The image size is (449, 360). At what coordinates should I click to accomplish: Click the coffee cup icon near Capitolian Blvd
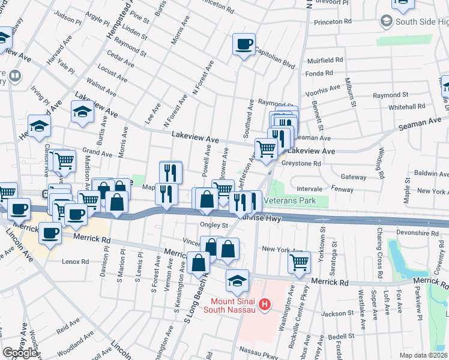coord(244,44)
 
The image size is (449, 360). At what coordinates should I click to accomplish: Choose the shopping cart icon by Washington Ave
coord(299,261)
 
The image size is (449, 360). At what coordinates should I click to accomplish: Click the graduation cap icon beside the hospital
coord(237,280)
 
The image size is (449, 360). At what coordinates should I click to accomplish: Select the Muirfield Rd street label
coord(325,61)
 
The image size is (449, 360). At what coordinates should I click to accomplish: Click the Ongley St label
coord(215,226)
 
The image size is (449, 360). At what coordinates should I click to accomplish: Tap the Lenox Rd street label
coord(76,262)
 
